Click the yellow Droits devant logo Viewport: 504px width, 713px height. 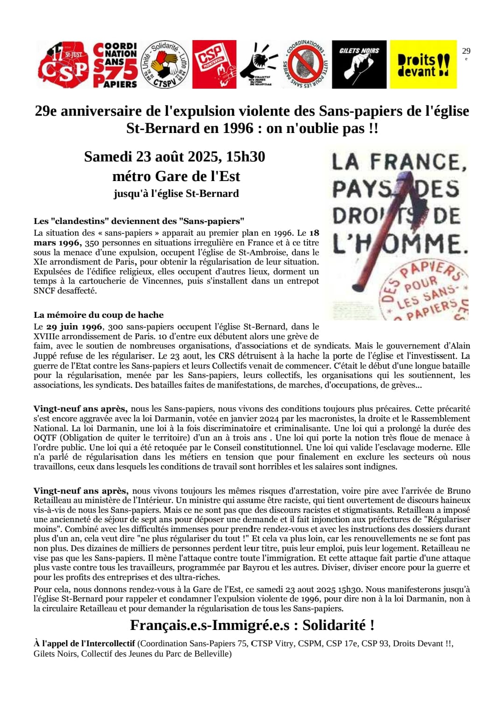point(423,64)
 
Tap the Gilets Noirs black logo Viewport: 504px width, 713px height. point(359,64)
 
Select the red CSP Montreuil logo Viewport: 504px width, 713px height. point(214,64)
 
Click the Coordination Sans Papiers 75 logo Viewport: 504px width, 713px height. point(115,65)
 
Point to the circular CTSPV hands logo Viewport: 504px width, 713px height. point(165,64)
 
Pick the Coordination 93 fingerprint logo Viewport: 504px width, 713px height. point(306,64)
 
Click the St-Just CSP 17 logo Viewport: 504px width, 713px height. point(63,65)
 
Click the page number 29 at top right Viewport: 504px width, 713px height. point(466,51)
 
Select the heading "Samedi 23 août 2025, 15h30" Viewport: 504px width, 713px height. point(175,157)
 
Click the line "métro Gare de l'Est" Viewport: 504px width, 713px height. point(176,176)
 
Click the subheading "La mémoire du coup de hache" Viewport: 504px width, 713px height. point(98,315)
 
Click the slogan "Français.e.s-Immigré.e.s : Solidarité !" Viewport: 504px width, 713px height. point(252,625)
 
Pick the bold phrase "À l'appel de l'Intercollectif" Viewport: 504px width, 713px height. point(84,643)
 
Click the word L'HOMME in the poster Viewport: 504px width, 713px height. point(400,244)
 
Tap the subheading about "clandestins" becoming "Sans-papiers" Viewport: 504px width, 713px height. point(139,221)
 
